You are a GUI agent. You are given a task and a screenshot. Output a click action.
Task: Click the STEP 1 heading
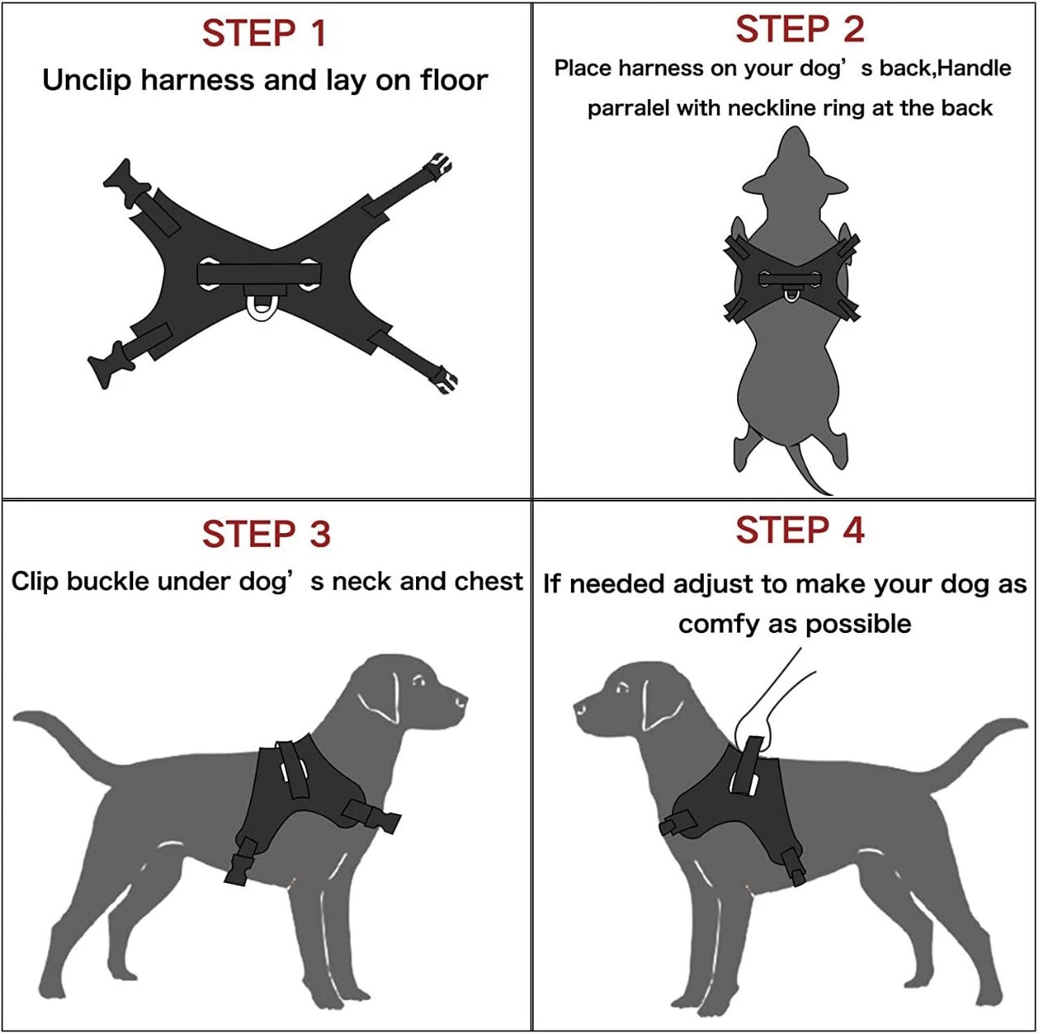(264, 33)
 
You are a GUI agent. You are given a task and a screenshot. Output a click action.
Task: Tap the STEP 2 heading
(800, 30)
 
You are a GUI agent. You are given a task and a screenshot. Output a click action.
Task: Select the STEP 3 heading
(266, 535)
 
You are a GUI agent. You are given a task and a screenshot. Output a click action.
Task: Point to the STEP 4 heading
(800, 531)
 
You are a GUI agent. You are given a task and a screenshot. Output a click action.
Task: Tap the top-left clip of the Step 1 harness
(124, 180)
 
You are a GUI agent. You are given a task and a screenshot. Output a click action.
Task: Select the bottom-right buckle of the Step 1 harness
(443, 379)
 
